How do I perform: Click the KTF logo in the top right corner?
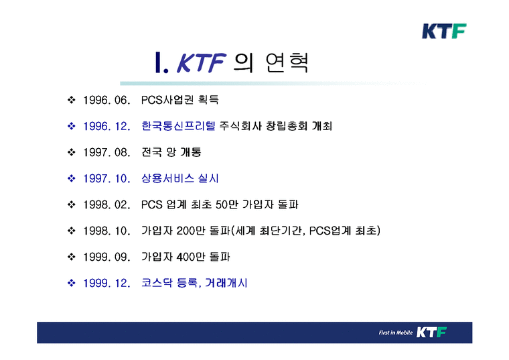point(443,31)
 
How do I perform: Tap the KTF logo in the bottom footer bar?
point(431,333)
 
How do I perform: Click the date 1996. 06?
point(106,101)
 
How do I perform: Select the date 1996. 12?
point(106,127)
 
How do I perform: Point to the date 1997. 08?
point(106,153)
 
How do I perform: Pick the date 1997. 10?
point(106,179)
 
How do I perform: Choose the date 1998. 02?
point(106,204)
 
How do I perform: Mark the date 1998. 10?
point(106,231)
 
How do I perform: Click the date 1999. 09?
point(106,257)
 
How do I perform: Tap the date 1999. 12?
point(106,283)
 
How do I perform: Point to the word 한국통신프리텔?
point(175,127)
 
